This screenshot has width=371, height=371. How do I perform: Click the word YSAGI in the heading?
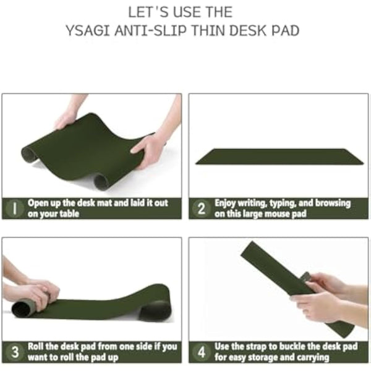point(87,30)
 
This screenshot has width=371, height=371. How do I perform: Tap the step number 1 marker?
point(14,208)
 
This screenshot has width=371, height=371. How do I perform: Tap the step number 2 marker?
point(201,208)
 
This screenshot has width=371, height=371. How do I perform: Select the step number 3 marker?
point(14,352)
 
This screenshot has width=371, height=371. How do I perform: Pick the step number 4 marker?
point(201,352)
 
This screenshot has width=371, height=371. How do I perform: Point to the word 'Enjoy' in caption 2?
point(226,203)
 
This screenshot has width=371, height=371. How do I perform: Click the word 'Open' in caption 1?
point(39,203)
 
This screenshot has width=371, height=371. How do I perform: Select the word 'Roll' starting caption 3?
point(37,346)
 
